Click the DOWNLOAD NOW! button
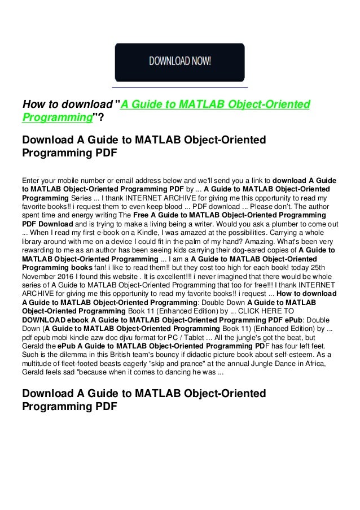pyautogui.click(x=180, y=62)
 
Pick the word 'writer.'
pyautogui.click(x=194, y=225)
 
